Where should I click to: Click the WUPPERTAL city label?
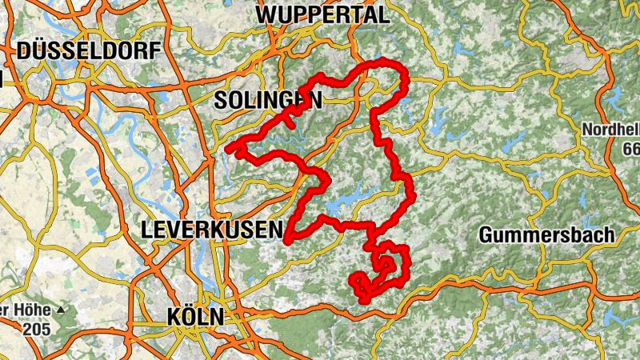click(x=322, y=14)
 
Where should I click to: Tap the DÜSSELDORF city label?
click(x=88, y=51)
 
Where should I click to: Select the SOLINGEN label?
click(x=268, y=100)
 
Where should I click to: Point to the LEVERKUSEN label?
click(x=211, y=230)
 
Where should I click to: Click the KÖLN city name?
click(x=195, y=316)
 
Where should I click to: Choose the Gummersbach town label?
click(x=547, y=234)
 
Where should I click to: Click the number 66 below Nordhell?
click(x=631, y=149)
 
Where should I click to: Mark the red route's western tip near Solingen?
click(x=229, y=149)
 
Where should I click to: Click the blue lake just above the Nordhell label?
click(x=614, y=100)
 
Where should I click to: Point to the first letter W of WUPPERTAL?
click(x=267, y=14)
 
